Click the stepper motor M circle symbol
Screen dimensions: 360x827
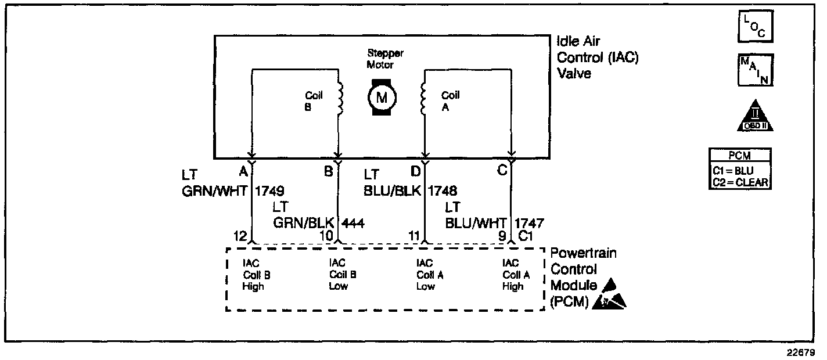tap(382, 97)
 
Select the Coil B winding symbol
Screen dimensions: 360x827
tap(341, 98)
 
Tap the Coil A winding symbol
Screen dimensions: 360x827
tap(423, 98)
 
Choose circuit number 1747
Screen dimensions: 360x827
tap(528, 222)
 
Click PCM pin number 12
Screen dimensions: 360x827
tap(240, 236)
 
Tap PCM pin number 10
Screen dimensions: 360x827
tap(326, 236)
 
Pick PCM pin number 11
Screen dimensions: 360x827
tap(414, 236)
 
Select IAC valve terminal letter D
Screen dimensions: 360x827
tap(415, 172)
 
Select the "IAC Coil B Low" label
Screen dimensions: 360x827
tap(340, 275)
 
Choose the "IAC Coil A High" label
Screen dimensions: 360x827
tap(514, 275)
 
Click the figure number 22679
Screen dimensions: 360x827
tap(805, 352)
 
